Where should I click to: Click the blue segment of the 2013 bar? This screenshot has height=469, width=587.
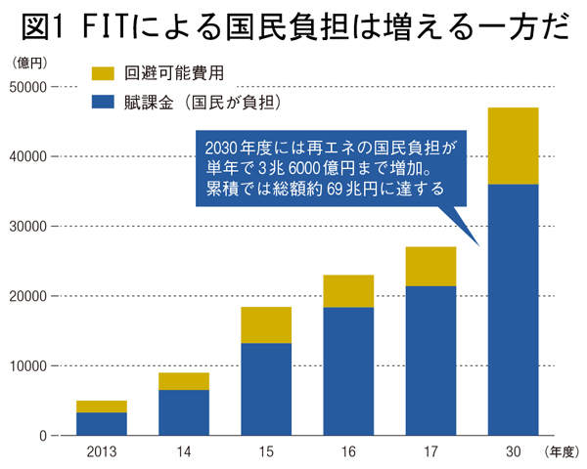pyautogui.click(x=102, y=424)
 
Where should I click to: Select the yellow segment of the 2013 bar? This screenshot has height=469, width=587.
pyautogui.click(x=102, y=406)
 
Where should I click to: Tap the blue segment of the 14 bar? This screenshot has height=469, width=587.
pyautogui.click(x=184, y=412)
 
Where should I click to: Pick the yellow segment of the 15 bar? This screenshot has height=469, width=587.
pyautogui.click(x=266, y=325)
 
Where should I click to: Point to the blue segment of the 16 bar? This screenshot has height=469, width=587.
pyautogui.click(x=348, y=371)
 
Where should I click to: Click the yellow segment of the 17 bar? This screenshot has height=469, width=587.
pyautogui.click(x=430, y=267)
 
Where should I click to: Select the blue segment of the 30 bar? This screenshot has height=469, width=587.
pyautogui.click(x=513, y=310)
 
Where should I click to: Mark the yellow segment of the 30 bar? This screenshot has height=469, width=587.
pyautogui.click(x=513, y=146)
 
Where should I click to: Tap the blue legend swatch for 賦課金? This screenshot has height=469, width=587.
pyautogui.click(x=103, y=100)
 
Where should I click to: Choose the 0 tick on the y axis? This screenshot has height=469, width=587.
pyautogui.click(x=44, y=436)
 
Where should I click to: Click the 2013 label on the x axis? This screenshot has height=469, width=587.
pyautogui.click(x=102, y=453)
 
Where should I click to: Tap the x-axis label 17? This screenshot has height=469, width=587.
pyautogui.click(x=430, y=453)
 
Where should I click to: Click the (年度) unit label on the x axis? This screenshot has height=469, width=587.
pyautogui.click(x=563, y=453)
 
